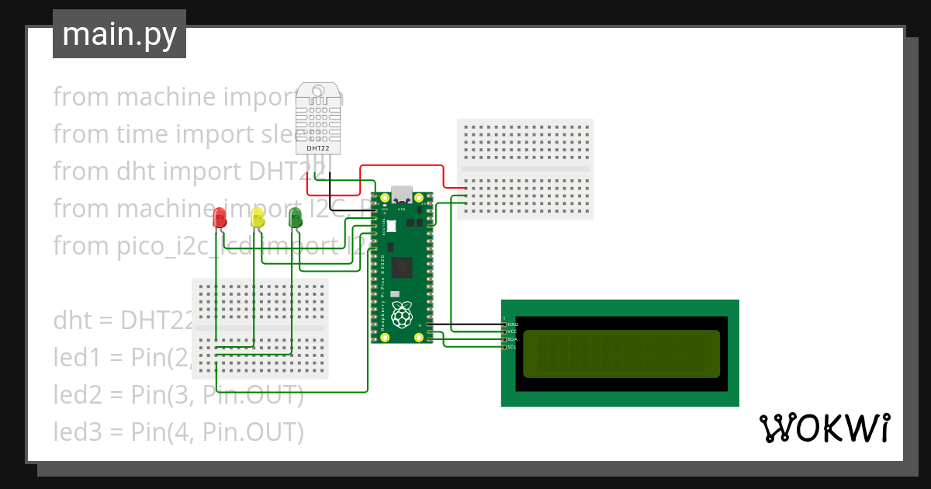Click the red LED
[220, 217]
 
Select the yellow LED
[258, 217]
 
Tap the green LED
[295, 217]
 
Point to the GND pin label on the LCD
[512, 324]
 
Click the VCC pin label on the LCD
[512, 331]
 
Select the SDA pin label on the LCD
[512, 339]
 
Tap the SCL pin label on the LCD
[512, 347]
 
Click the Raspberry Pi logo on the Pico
[401, 314]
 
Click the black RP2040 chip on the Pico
[402, 267]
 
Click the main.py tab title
[119, 34]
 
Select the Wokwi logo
[823, 428]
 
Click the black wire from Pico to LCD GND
[465, 324]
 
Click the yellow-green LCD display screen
[621, 353]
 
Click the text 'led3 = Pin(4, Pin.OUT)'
[178, 432]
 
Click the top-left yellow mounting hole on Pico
[383, 199]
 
